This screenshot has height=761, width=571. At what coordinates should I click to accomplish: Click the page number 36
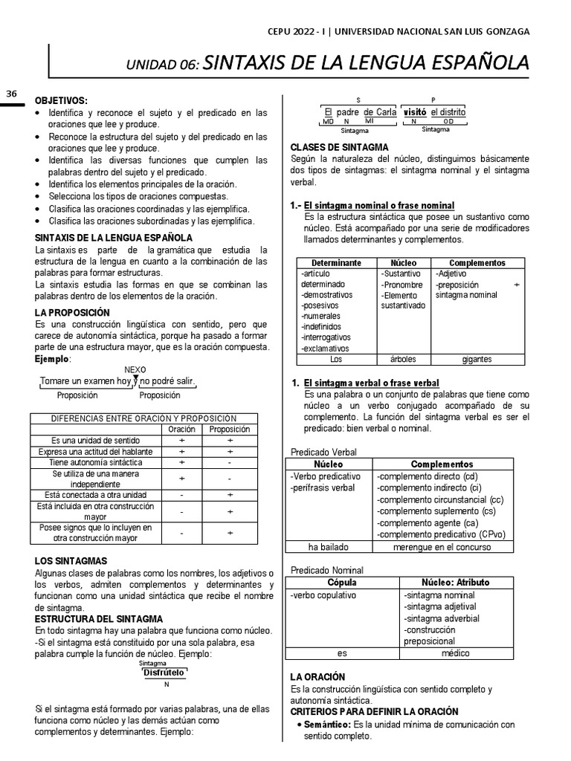(11, 94)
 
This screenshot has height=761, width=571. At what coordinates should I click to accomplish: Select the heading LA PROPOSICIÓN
(72, 312)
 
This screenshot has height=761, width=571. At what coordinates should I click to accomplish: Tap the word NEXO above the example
(135, 369)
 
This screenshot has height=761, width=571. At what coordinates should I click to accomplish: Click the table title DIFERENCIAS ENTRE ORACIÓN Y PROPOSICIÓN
(143, 418)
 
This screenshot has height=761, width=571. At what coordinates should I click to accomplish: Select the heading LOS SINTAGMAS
(71, 560)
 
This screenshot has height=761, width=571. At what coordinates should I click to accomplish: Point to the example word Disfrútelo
(164, 672)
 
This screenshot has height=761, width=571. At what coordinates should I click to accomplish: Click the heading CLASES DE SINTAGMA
(338, 147)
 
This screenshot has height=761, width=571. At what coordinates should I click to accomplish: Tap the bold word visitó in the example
(415, 111)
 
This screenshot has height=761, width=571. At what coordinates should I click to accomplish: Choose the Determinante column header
(336, 263)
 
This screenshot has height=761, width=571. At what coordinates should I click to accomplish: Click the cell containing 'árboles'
(403, 359)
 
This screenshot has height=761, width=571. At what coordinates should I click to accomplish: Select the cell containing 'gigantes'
(477, 359)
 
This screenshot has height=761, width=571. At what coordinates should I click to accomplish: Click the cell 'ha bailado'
(329, 547)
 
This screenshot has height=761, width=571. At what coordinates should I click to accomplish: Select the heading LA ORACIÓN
(317, 677)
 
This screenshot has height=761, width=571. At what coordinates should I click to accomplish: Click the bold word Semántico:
(328, 724)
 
